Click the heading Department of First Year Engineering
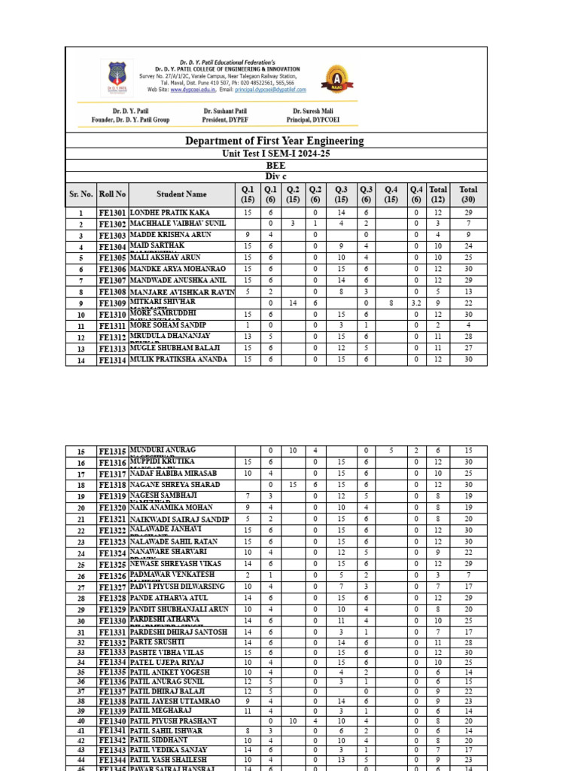275,141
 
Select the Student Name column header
181,194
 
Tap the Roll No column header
113,194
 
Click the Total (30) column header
468,194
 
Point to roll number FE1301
113,214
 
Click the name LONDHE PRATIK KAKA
170,213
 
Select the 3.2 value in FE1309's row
416,303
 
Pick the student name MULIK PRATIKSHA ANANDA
178,360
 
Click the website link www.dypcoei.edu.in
193,89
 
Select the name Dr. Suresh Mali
317,111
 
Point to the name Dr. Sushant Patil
225,111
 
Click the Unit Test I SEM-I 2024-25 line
275,154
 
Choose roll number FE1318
113,486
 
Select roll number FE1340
113,721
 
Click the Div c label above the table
276,176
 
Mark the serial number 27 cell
81,587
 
